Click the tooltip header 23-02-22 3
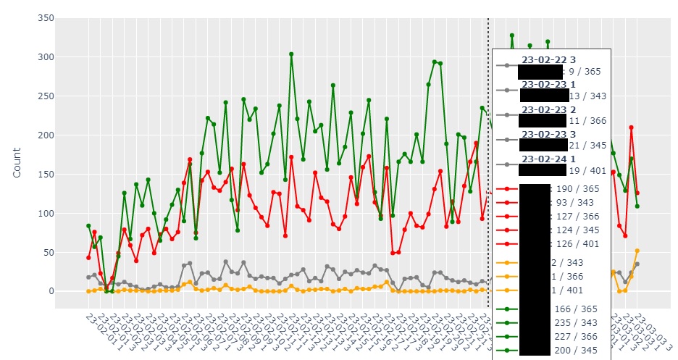[549, 59]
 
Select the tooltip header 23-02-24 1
[549, 159]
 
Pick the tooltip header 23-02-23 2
[549, 109]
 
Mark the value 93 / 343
[577, 202]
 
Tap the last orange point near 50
[637, 251]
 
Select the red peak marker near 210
[631, 127]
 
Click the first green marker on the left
[88, 226]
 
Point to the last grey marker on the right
[637, 264]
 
